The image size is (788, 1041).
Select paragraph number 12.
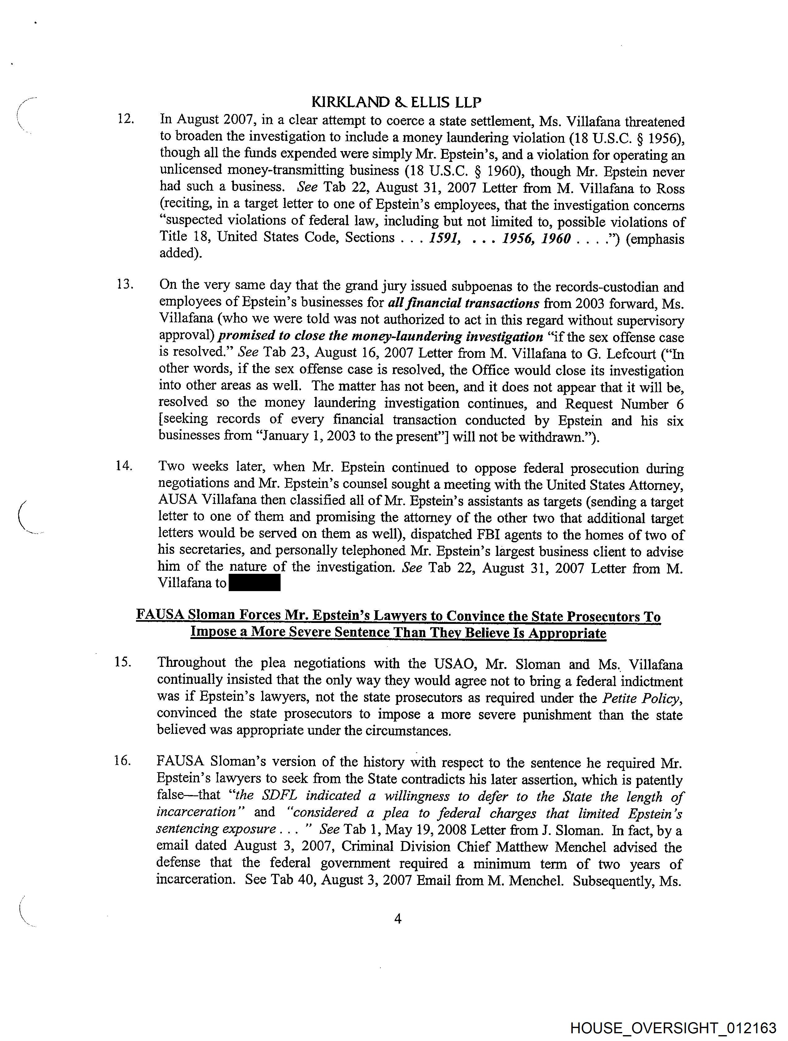125,119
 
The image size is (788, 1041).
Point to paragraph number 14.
124,466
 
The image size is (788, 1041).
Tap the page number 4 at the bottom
398,918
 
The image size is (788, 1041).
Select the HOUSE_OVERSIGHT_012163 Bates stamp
673,1028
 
